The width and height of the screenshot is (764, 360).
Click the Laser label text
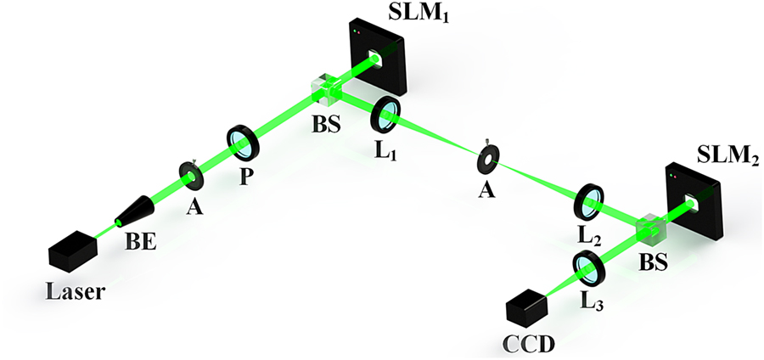(x=77, y=292)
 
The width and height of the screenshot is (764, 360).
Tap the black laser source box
(x=73, y=250)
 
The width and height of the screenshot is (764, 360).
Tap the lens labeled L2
(x=590, y=200)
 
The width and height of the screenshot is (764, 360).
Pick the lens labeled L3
(x=588, y=268)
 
